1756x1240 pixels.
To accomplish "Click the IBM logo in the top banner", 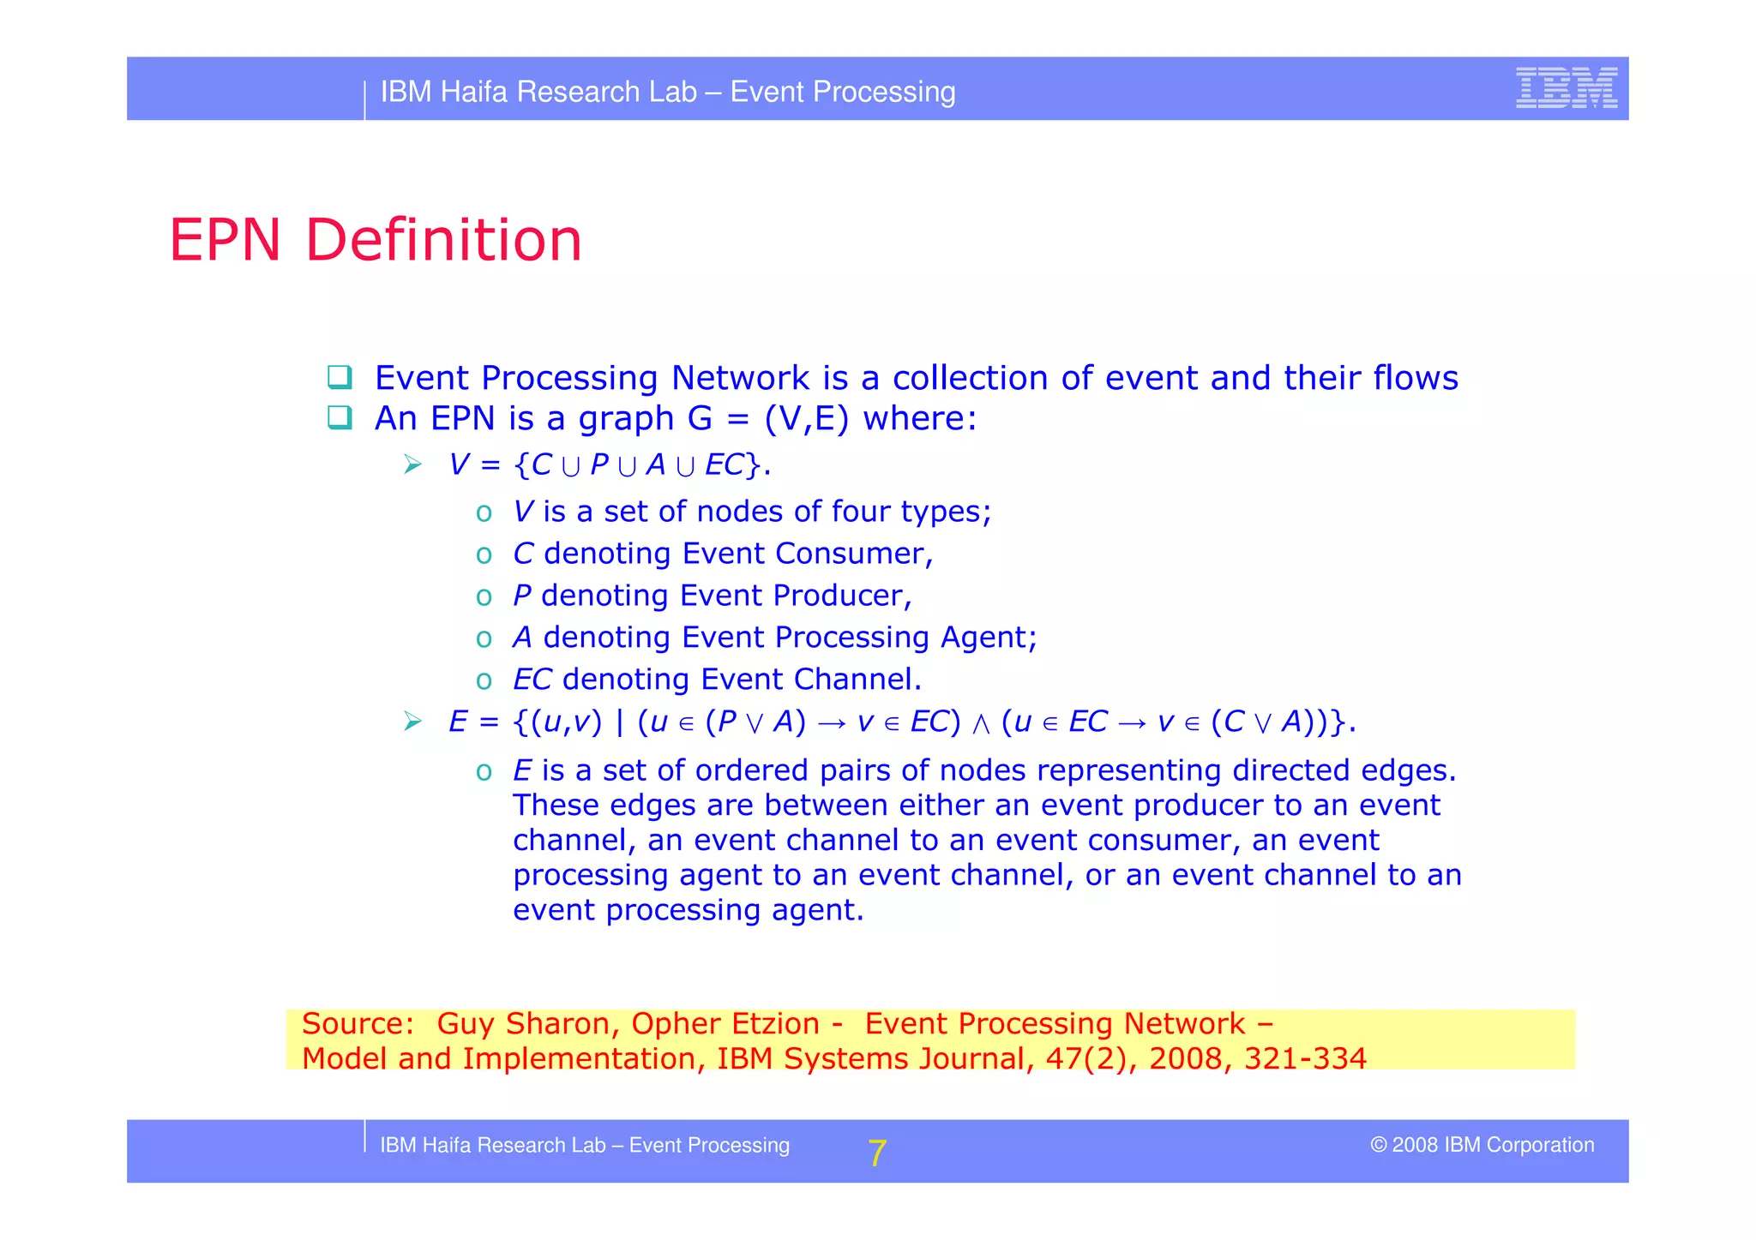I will coord(1566,87).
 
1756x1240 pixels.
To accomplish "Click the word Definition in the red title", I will coord(443,240).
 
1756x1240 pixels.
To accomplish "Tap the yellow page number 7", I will coord(876,1153).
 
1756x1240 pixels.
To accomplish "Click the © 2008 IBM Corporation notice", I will coord(1482,1145).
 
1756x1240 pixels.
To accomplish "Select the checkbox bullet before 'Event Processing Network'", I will coord(340,377).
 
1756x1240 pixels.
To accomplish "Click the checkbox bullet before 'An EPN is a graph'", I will coord(340,417).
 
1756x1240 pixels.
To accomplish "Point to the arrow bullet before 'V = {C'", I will coord(413,465).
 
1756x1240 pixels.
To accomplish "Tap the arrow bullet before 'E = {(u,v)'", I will coord(413,722).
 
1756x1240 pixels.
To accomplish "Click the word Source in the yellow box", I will coord(353,1024).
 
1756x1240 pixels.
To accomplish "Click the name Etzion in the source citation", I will coord(774,1024).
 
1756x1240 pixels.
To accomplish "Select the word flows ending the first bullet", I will coord(1415,378).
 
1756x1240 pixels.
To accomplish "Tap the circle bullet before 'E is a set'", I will coord(484,772).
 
